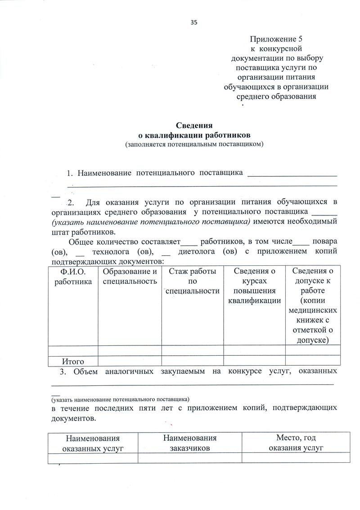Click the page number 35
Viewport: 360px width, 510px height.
194,22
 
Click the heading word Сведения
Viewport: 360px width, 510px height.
193,125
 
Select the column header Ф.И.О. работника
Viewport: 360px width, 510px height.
73,276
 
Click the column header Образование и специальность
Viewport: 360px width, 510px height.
130,276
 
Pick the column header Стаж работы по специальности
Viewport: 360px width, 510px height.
193,281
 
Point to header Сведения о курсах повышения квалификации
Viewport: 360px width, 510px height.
254,286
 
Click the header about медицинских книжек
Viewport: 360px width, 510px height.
313,305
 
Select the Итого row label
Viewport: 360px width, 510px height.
73,361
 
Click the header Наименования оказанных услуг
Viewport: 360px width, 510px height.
93,443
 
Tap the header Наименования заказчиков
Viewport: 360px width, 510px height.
190,443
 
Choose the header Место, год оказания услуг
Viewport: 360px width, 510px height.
296,443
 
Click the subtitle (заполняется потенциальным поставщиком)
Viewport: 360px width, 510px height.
194,144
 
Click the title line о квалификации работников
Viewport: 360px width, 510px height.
193,135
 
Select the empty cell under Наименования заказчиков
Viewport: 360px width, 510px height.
190,458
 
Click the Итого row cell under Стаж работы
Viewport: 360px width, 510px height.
193,361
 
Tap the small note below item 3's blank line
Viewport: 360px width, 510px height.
120,399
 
